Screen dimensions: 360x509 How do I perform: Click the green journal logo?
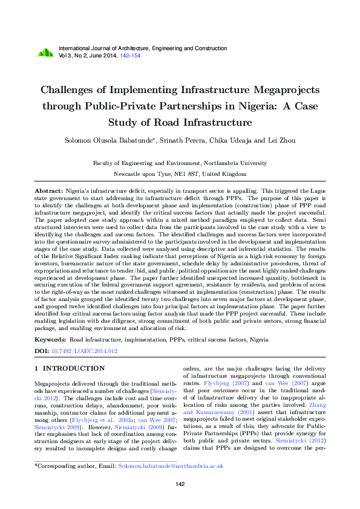45,53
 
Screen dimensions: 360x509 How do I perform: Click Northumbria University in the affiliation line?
231,163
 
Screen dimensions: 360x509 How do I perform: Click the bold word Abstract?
49,190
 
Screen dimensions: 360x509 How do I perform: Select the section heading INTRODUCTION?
73,368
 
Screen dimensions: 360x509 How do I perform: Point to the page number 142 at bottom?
180,484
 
